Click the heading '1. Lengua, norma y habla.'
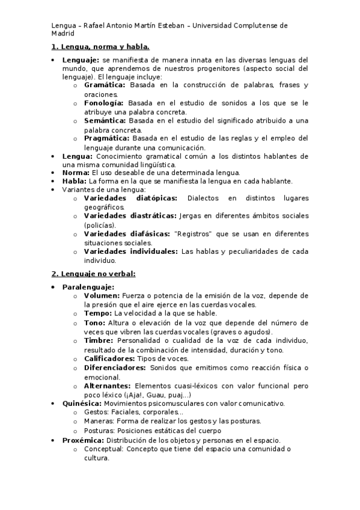(x=100, y=46)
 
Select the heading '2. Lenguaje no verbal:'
(x=93, y=274)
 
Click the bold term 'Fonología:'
(x=105, y=103)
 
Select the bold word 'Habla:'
(x=75, y=181)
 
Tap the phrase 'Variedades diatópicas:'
(x=130, y=198)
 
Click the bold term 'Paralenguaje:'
(x=88, y=287)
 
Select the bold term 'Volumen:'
(x=102, y=295)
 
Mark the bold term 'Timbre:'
(x=100, y=340)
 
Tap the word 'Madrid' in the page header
(x=61, y=34)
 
